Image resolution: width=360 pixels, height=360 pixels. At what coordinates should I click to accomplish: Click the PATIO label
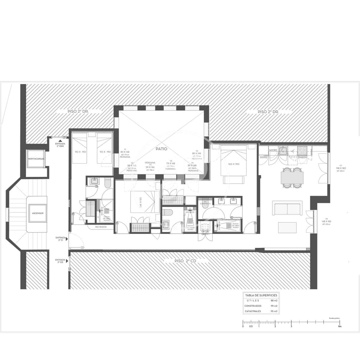161,149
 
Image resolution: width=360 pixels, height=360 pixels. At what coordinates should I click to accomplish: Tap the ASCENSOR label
38,213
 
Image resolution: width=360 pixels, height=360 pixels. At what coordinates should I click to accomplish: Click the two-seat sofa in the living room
287,208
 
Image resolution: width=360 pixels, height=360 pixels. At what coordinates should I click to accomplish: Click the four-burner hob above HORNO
302,149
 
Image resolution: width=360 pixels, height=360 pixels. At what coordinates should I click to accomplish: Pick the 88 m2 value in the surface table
274,301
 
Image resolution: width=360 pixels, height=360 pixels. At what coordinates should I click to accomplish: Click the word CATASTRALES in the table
253,311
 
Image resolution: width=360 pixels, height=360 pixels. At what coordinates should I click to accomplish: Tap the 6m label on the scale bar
340,326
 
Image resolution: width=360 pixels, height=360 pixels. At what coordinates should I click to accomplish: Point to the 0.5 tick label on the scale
251,326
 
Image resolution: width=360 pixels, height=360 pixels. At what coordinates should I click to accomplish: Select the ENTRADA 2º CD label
60,261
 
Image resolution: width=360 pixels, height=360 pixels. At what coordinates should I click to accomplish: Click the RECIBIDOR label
101,227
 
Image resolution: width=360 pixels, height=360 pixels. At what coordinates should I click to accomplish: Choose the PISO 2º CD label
185,261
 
